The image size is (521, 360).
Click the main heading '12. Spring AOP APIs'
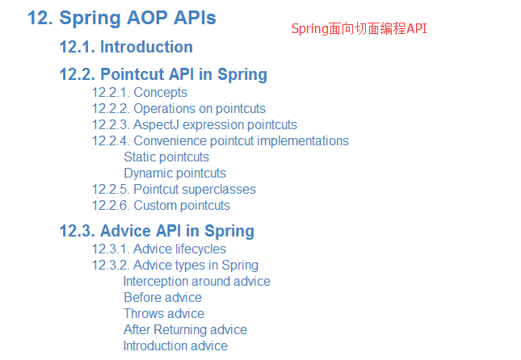tap(122, 19)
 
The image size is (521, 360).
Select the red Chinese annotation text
tap(359, 29)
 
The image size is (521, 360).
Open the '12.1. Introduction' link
tap(126, 47)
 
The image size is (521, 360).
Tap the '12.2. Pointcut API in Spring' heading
tap(163, 75)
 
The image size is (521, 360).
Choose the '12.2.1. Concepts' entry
tap(140, 93)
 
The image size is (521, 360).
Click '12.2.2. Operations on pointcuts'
tap(179, 109)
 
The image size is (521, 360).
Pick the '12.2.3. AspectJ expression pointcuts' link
tap(195, 125)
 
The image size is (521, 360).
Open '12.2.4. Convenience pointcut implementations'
tap(221, 140)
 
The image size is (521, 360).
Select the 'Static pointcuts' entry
tap(166, 157)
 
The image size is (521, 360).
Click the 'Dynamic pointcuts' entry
tap(174, 174)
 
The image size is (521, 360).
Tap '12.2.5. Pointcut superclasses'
tap(174, 190)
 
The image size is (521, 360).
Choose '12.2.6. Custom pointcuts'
tap(161, 206)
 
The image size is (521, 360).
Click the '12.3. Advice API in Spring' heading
tap(157, 231)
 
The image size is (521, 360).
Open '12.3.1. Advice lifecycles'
tap(159, 249)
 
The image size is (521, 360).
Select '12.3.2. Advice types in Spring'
tap(175, 266)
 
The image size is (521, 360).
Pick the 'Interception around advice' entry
tap(197, 282)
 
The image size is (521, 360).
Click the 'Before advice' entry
tap(163, 298)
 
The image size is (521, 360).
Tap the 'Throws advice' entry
tap(164, 313)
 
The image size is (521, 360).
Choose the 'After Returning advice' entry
tap(186, 330)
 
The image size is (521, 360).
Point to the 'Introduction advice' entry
tap(175, 345)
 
